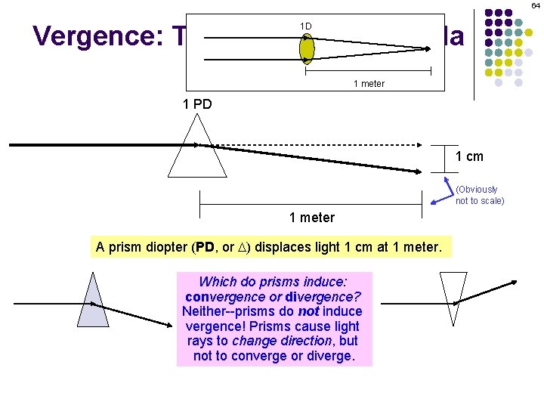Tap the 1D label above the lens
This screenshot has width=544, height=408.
click(305, 26)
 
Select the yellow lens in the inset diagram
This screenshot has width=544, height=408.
click(307, 49)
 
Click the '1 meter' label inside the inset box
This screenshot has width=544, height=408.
click(369, 84)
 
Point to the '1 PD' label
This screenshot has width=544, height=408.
click(198, 104)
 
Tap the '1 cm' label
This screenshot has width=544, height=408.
click(469, 157)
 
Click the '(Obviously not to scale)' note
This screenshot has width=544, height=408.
click(479, 195)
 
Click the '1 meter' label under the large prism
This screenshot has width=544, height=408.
click(311, 218)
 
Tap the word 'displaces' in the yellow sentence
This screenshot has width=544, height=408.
click(291, 247)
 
